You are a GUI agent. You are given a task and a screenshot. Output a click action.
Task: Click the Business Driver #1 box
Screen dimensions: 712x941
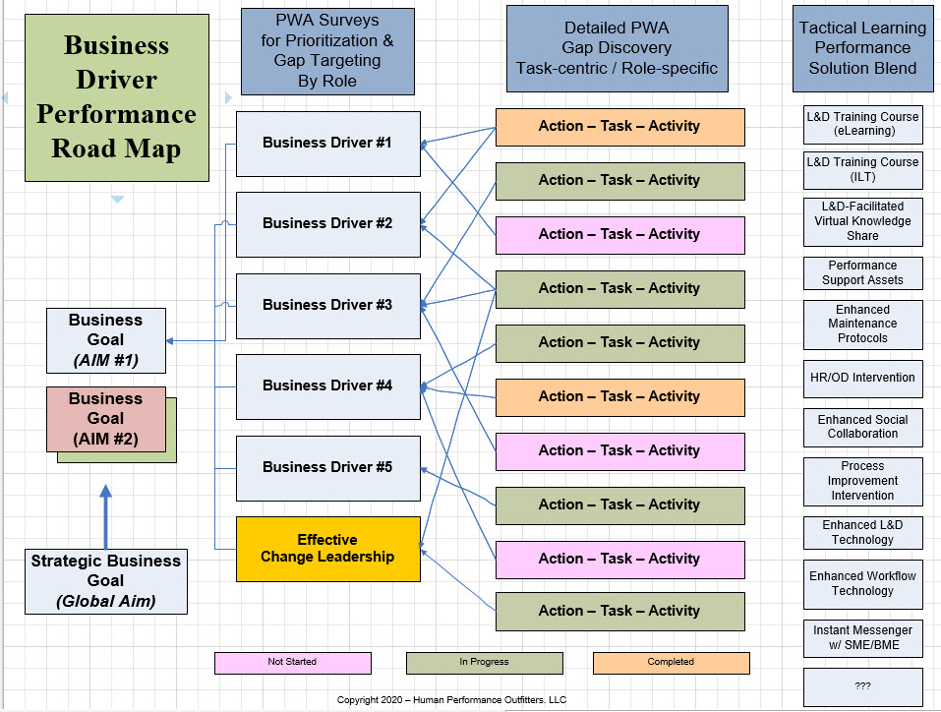pyautogui.click(x=327, y=144)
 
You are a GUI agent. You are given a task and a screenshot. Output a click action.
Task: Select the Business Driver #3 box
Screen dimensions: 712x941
pyautogui.click(x=327, y=305)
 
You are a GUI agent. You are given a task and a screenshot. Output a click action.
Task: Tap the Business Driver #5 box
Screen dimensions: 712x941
pyautogui.click(x=327, y=467)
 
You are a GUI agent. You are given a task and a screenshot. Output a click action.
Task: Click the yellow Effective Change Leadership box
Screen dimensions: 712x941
pyautogui.click(x=327, y=549)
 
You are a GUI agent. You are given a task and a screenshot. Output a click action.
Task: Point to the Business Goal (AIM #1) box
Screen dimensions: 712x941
pyautogui.click(x=105, y=340)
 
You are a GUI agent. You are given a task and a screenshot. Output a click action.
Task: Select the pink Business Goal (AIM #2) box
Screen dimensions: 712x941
pyautogui.click(x=105, y=419)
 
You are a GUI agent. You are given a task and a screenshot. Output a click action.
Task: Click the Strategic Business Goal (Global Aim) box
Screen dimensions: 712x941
pyautogui.click(x=105, y=581)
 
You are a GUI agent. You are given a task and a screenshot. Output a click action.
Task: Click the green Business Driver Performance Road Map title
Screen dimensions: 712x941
pyautogui.click(x=116, y=97)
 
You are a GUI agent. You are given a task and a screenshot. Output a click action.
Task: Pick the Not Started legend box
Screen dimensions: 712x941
pyautogui.click(x=292, y=663)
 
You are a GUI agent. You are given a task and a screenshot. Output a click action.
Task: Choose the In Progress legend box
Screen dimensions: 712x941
pyautogui.click(x=484, y=663)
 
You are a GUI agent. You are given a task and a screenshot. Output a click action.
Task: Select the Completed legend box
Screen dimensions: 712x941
pyautogui.click(x=671, y=663)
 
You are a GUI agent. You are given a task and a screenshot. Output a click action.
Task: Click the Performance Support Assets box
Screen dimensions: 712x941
pyautogui.click(x=862, y=273)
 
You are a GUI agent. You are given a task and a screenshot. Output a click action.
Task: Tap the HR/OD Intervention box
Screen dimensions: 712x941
pyautogui.click(x=862, y=378)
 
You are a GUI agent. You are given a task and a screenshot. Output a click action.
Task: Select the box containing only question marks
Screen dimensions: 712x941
pyautogui.click(x=862, y=686)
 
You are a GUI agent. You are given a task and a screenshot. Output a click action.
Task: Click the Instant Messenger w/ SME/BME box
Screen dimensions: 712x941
pyautogui.click(x=862, y=637)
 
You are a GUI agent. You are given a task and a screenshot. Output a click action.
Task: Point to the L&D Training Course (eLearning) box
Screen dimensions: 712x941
pyautogui.click(x=862, y=123)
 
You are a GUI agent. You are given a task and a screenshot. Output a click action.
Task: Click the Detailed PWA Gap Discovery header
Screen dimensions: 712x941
pyautogui.click(x=617, y=48)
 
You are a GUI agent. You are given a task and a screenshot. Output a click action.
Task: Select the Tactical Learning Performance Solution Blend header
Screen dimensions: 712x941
pyautogui.click(x=862, y=48)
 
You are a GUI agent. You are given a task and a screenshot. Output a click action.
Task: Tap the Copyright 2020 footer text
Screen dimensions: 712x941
pyautogui.click(x=451, y=700)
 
